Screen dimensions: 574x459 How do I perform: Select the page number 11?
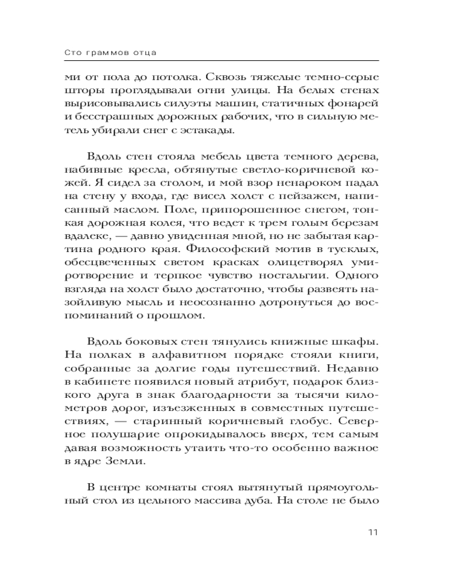pyautogui.click(x=372, y=532)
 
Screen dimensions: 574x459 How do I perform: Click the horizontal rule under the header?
pyautogui.click(x=229, y=61)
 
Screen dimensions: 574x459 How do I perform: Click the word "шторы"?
pyautogui.click(x=95, y=91)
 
